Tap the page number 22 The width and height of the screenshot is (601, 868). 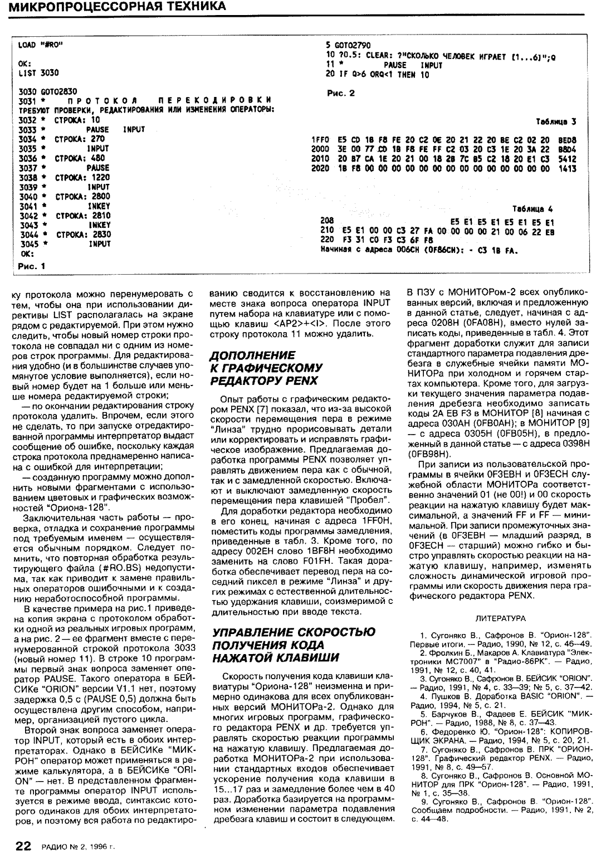coord(23,846)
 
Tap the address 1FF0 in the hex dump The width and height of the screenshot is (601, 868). coord(320,140)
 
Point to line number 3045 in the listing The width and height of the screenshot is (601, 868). coord(28,243)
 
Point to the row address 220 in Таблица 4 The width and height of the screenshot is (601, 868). coord(328,238)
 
